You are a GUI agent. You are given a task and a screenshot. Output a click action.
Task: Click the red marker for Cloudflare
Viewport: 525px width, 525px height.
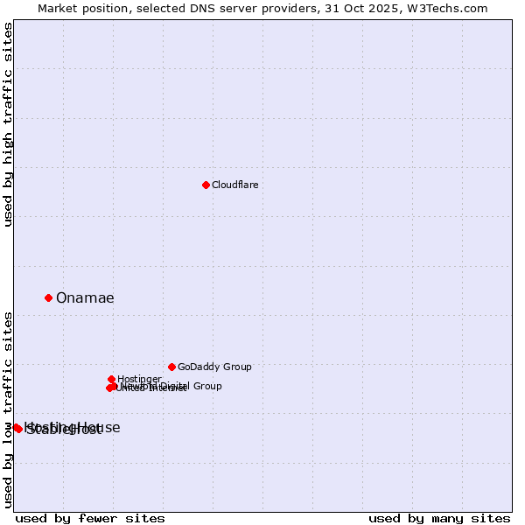[206, 185]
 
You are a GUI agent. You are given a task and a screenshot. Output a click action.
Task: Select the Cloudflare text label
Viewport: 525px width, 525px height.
[234, 185]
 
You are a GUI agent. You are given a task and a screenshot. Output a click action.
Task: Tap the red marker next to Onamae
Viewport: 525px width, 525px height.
[48, 297]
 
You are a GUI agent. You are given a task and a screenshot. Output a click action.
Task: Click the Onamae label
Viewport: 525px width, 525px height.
[85, 298]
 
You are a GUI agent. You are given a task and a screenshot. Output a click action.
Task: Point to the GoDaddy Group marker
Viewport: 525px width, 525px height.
[171, 367]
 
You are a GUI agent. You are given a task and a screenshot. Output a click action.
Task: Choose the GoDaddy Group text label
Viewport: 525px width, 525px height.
[214, 367]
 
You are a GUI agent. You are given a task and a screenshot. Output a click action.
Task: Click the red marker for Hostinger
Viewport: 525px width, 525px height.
[112, 379]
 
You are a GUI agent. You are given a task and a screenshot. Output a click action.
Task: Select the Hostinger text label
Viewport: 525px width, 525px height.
[139, 380]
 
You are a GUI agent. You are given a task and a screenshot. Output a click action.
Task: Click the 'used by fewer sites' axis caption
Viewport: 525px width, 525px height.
[90, 518]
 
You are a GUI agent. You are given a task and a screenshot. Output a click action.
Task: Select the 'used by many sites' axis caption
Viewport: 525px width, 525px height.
[439, 518]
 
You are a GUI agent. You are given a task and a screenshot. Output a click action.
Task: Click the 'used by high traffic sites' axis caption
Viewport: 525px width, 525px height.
[9, 124]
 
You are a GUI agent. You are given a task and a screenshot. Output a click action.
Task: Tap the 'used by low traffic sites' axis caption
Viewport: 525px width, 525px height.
[9, 409]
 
